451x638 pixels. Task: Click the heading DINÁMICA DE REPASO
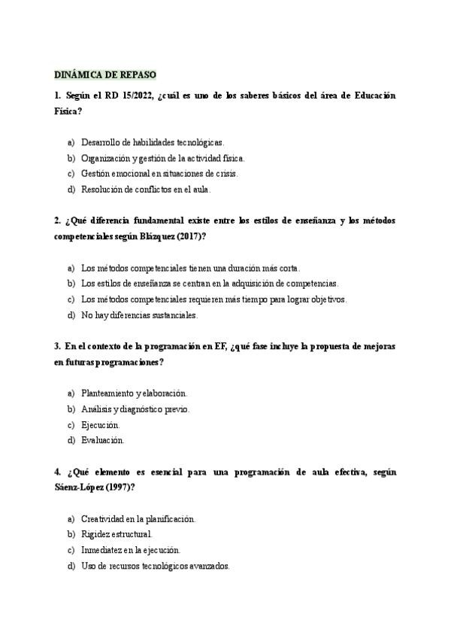[x=105, y=75]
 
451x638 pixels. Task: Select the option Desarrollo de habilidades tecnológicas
[x=153, y=141]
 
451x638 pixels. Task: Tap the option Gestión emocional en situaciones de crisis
[x=159, y=173]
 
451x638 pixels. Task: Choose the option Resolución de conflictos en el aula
[x=146, y=189]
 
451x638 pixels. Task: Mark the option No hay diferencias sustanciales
[x=139, y=314]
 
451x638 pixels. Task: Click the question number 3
[x=57, y=347]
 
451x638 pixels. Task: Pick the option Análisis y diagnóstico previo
[x=135, y=409]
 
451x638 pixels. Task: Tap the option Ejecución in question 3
[x=100, y=425]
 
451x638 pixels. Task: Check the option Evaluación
[x=102, y=440]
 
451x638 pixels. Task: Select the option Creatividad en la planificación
[x=138, y=519]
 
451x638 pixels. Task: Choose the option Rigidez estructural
[x=117, y=534]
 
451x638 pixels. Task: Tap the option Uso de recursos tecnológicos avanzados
[x=155, y=566]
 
